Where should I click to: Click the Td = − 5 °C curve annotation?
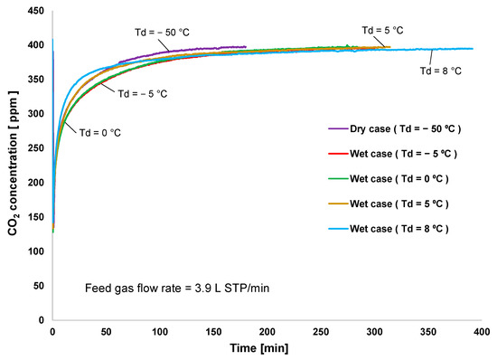click(141, 93)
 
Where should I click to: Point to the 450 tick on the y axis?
click(35, 11)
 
